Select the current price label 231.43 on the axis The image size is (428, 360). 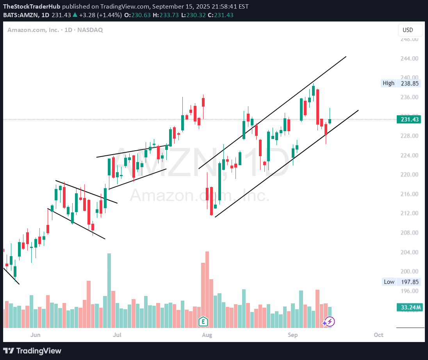click(x=408, y=119)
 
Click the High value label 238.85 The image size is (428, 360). click(x=410, y=83)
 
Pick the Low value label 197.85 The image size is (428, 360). click(x=410, y=282)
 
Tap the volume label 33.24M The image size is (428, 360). click(x=410, y=308)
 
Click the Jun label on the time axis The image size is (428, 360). click(x=36, y=335)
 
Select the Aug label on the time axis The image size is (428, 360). click(x=207, y=335)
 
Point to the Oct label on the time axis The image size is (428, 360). click(x=378, y=335)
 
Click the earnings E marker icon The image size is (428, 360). click(x=203, y=322)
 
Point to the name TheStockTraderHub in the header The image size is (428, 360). click(x=32, y=7)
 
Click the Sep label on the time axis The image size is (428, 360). click(x=292, y=335)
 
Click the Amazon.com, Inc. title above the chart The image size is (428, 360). click(x=33, y=30)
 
